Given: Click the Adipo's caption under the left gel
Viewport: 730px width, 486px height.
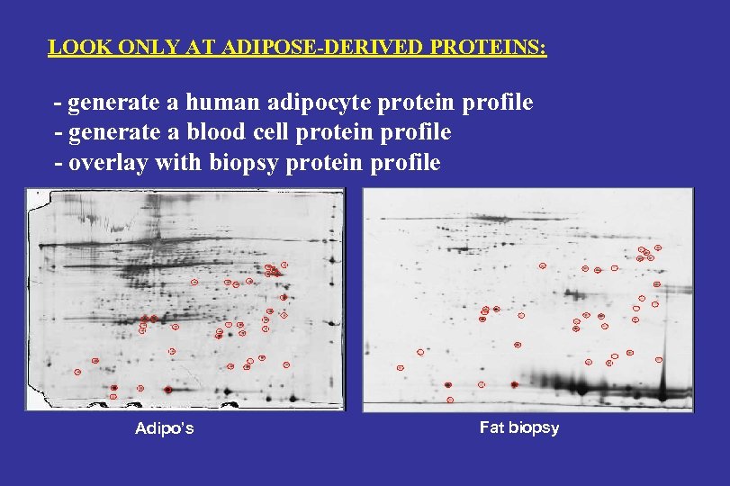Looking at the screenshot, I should pyautogui.click(x=164, y=428).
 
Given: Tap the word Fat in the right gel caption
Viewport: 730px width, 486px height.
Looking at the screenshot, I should pyautogui.click(x=491, y=427).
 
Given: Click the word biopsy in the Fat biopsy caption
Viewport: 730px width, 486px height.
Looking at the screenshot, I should pyautogui.click(x=533, y=427).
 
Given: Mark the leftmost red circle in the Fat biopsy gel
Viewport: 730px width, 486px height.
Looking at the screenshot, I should pyautogui.click(x=400, y=367).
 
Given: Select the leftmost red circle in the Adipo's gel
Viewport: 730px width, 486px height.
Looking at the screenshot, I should pyautogui.click(x=77, y=371).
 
